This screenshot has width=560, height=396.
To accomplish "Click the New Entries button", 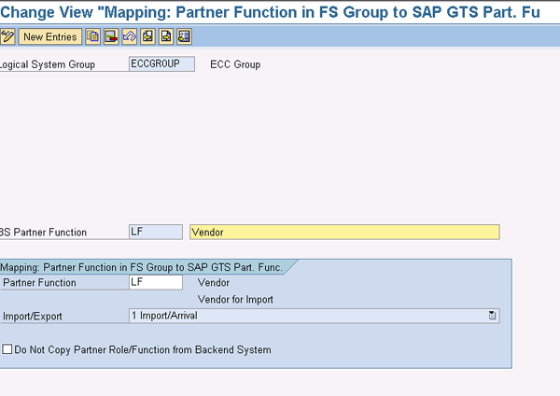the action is click(50, 36).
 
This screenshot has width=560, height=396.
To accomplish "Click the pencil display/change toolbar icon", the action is click(7, 36).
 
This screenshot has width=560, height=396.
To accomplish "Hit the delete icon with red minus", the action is click(111, 36).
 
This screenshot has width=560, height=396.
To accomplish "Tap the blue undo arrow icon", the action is click(130, 36).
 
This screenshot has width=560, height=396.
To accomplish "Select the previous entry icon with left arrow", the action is click(147, 36).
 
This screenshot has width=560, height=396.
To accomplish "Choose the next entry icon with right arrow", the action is click(166, 36).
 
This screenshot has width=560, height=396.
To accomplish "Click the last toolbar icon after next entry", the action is click(184, 36).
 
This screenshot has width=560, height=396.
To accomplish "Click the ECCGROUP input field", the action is click(161, 64).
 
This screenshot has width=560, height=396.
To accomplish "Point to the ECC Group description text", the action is click(235, 64).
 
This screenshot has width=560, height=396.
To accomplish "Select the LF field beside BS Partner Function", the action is click(156, 232).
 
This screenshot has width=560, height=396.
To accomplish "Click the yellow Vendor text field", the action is click(344, 232).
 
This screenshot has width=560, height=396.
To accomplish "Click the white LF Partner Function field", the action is click(156, 282).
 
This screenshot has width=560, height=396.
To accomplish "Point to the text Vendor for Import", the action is click(235, 300).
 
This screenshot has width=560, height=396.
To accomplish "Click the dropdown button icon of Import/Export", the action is click(492, 316).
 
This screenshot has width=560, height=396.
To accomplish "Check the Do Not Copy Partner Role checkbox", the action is click(7, 349).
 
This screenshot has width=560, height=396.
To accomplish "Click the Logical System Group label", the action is click(48, 64).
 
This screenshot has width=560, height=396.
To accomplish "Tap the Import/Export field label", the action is click(32, 317).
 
